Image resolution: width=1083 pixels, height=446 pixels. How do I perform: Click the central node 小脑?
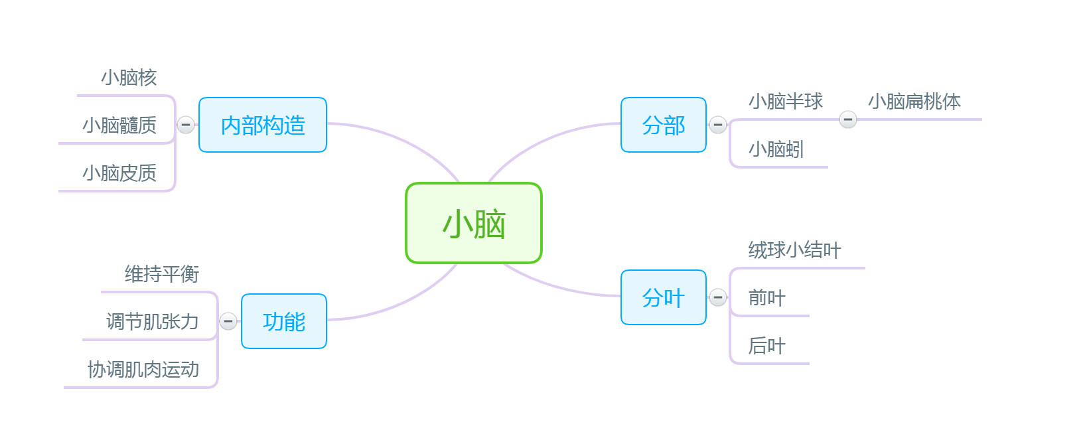coord(474,223)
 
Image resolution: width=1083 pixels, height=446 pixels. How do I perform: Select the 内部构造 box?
coord(263,125)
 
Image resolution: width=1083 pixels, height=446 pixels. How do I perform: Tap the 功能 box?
coord(284,321)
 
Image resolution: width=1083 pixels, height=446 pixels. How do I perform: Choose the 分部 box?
coord(664,125)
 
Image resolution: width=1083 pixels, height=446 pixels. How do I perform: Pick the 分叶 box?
coord(664,297)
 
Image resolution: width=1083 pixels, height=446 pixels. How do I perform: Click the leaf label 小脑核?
coord(129,78)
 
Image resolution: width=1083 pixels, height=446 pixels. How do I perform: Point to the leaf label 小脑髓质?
coord(119,125)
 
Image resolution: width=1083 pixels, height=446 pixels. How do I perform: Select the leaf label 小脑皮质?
coord(119,173)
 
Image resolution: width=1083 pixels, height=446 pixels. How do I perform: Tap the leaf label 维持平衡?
coord(162,274)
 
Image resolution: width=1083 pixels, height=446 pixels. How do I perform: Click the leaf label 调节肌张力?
coord(153,322)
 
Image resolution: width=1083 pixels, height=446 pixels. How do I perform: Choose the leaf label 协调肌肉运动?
coord(143,370)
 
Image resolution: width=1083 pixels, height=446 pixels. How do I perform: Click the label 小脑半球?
coord(786,102)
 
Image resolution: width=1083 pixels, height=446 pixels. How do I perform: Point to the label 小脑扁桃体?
coord(914,102)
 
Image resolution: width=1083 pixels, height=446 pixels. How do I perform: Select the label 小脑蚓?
coord(776,149)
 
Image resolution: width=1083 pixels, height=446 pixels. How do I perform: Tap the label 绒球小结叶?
coord(795,250)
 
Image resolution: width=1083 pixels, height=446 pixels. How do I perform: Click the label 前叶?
coord(767,298)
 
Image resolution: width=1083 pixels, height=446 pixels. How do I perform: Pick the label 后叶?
coord(767,346)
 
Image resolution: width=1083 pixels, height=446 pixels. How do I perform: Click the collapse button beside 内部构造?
coord(186,125)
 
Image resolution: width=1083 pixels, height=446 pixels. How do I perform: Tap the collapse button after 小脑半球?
coord(848,119)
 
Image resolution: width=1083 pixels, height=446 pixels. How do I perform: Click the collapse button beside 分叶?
coord(718,297)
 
